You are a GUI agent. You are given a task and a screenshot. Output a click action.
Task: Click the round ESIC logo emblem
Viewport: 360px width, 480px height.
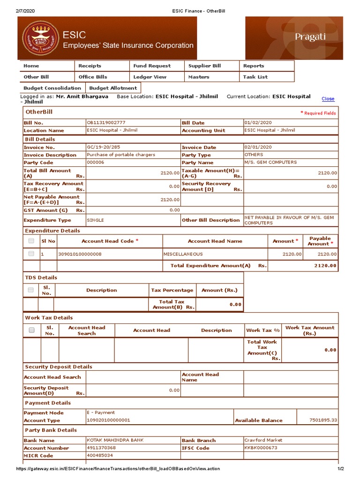(x=40, y=38)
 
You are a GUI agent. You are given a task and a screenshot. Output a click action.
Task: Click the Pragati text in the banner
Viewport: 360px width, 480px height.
(x=310, y=37)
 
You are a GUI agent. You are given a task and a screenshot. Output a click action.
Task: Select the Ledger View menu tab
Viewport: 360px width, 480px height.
(x=150, y=77)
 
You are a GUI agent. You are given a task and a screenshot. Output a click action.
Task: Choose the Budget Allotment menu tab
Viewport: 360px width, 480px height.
(x=113, y=88)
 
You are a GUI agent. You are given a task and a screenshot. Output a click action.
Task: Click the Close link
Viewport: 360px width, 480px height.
(x=328, y=99)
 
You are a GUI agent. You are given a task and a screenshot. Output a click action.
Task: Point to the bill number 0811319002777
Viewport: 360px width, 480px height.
(x=106, y=122)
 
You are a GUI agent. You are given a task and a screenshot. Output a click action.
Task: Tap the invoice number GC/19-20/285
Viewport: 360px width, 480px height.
(x=104, y=147)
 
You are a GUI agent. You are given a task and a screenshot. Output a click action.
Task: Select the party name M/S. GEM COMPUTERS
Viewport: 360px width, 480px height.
(x=270, y=162)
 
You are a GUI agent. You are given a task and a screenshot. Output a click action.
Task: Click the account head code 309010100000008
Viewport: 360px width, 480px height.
(x=80, y=254)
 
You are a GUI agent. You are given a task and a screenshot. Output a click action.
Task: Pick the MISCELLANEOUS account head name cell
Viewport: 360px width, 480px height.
(x=183, y=254)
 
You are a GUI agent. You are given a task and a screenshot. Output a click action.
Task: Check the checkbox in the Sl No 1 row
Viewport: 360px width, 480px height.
(x=31, y=254)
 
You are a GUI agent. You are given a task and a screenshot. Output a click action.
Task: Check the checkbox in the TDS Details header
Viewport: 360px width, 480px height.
(x=30, y=290)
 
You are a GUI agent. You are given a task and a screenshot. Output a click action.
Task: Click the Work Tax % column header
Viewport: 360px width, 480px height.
(x=262, y=330)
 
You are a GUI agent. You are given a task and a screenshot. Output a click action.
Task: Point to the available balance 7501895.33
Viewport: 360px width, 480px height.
(x=323, y=420)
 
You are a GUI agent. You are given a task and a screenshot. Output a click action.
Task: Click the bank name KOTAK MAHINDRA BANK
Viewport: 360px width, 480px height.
(x=115, y=440)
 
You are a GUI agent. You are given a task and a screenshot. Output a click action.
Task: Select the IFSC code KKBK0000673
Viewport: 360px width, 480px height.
(x=261, y=448)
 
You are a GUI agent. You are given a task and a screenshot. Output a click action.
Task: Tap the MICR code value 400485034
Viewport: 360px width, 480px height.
(x=100, y=455)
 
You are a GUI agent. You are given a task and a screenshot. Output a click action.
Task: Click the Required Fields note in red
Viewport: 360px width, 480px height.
(x=318, y=113)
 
